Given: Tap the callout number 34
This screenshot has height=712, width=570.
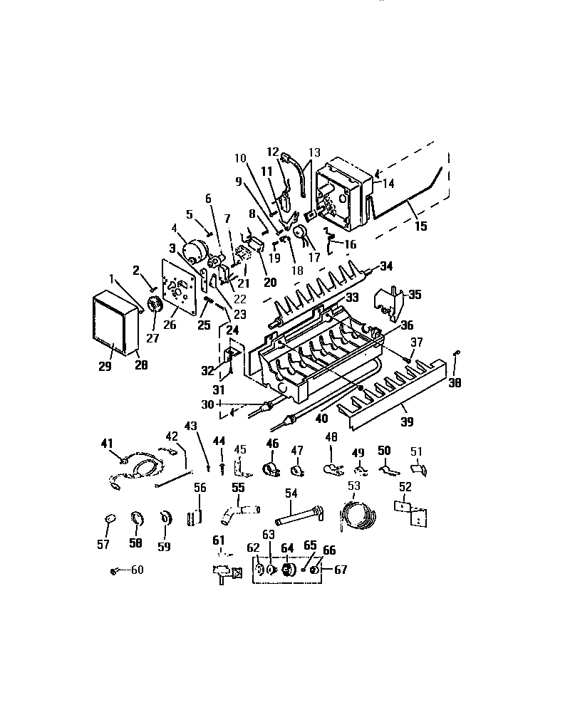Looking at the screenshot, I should [385, 266].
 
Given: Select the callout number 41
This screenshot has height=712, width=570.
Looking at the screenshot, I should [107, 443].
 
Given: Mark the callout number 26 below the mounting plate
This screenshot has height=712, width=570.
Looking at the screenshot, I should [170, 325].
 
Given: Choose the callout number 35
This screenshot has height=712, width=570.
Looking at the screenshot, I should [415, 293].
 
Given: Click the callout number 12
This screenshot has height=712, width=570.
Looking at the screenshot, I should [272, 152].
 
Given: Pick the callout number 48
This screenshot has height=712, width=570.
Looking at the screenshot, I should [331, 436].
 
